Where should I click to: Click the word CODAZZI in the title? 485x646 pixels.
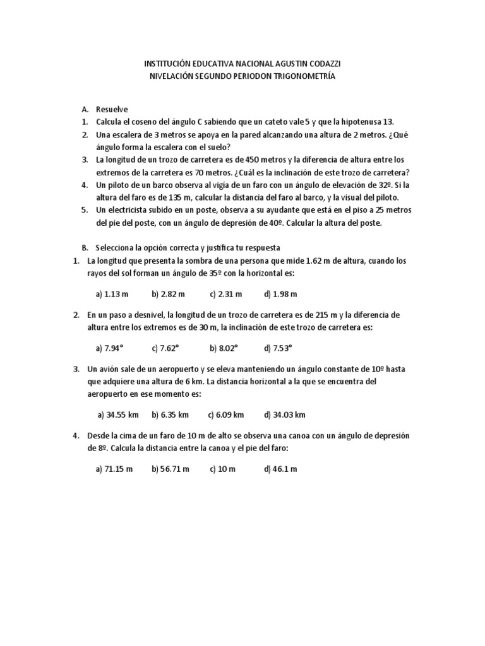pyautogui.click(x=321, y=64)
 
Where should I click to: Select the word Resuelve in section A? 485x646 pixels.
pyautogui.click(x=112, y=109)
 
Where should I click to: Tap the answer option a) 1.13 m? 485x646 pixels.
pyautogui.click(x=112, y=293)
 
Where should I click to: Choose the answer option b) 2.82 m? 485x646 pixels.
pyautogui.click(x=168, y=293)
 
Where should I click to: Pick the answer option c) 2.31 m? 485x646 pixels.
pyautogui.click(x=225, y=293)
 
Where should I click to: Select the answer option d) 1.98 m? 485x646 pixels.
pyautogui.click(x=281, y=293)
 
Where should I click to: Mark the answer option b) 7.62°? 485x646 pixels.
pyautogui.click(x=166, y=348)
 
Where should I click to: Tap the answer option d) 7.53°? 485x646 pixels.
pyautogui.click(x=279, y=348)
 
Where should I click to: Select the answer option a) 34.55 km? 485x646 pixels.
pyautogui.click(x=118, y=414)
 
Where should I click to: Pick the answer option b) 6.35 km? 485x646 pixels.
pyautogui.click(x=171, y=414)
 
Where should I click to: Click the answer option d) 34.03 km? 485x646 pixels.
pyautogui.click(x=285, y=414)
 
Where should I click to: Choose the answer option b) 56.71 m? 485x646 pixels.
pyautogui.click(x=171, y=469)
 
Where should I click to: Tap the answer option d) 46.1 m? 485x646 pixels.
pyautogui.click(x=281, y=469)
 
